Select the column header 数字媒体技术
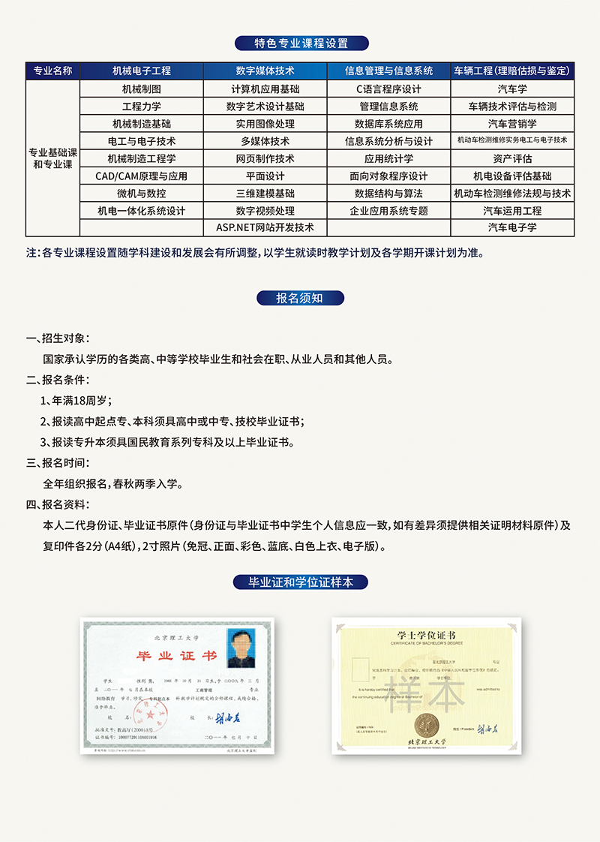click(265, 71)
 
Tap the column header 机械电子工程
click(142, 71)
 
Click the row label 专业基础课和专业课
click(52, 158)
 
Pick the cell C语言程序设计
click(388, 89)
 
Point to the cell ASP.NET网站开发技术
click(265, 227)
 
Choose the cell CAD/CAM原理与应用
click(142, 176)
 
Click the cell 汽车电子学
click(512, 227)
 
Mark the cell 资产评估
click(512, 158)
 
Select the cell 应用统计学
click(388, 158)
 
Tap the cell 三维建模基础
click(265, 194)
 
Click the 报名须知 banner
click(299, 298)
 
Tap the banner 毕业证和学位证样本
click(300, 582)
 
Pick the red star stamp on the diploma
click(145, 710)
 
